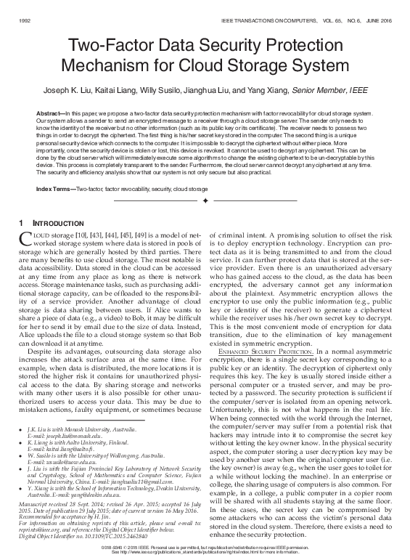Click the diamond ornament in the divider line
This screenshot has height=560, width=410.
click(x=205, y=199)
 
